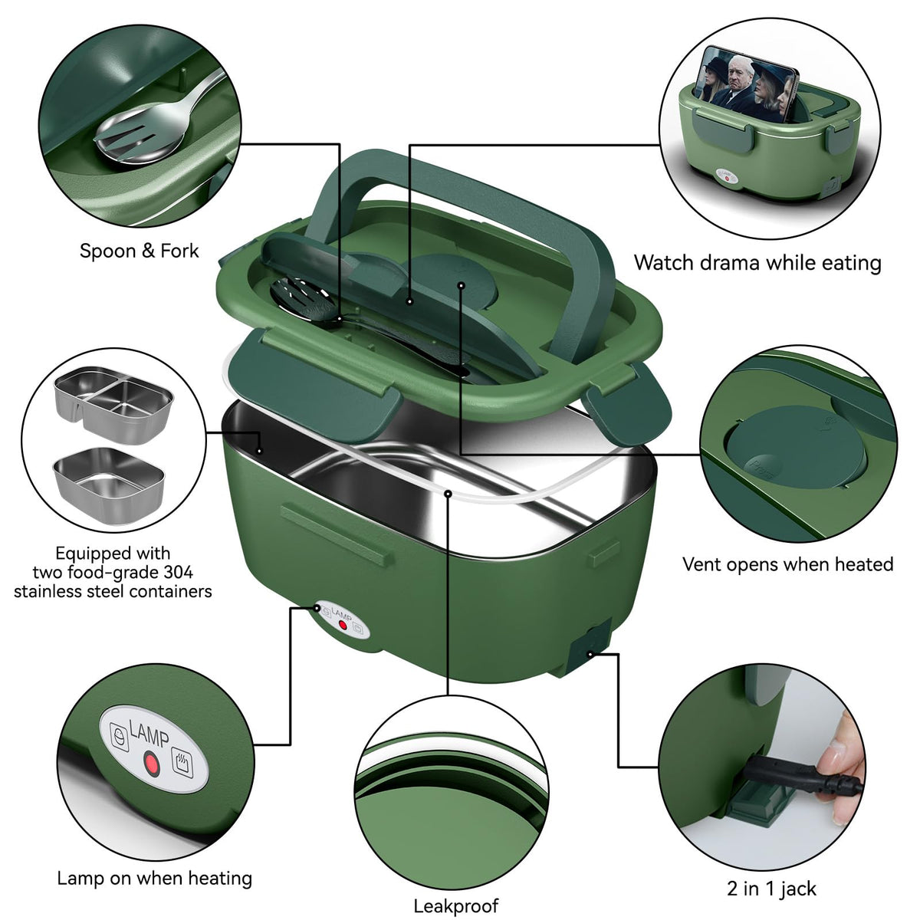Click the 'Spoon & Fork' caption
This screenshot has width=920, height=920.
tap(139, 251)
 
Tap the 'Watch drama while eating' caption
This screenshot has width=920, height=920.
tap(757, 263)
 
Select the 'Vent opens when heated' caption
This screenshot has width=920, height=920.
tap(788, 564)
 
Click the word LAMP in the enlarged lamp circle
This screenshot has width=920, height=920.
tap(149, 734)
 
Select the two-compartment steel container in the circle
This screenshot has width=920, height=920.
tap(113, 405)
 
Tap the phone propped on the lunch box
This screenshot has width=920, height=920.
tap(746, 84)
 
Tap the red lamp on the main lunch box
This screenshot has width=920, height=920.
tap(342, 626)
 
